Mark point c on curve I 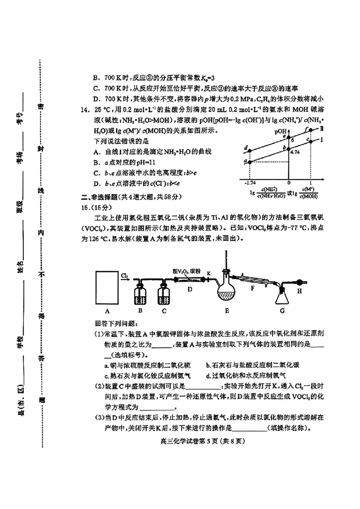(x=310, y=141)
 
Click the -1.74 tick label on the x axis (x=249, y=183)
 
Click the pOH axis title (x=280, y=132)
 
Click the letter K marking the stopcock (x=208, y=273)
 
